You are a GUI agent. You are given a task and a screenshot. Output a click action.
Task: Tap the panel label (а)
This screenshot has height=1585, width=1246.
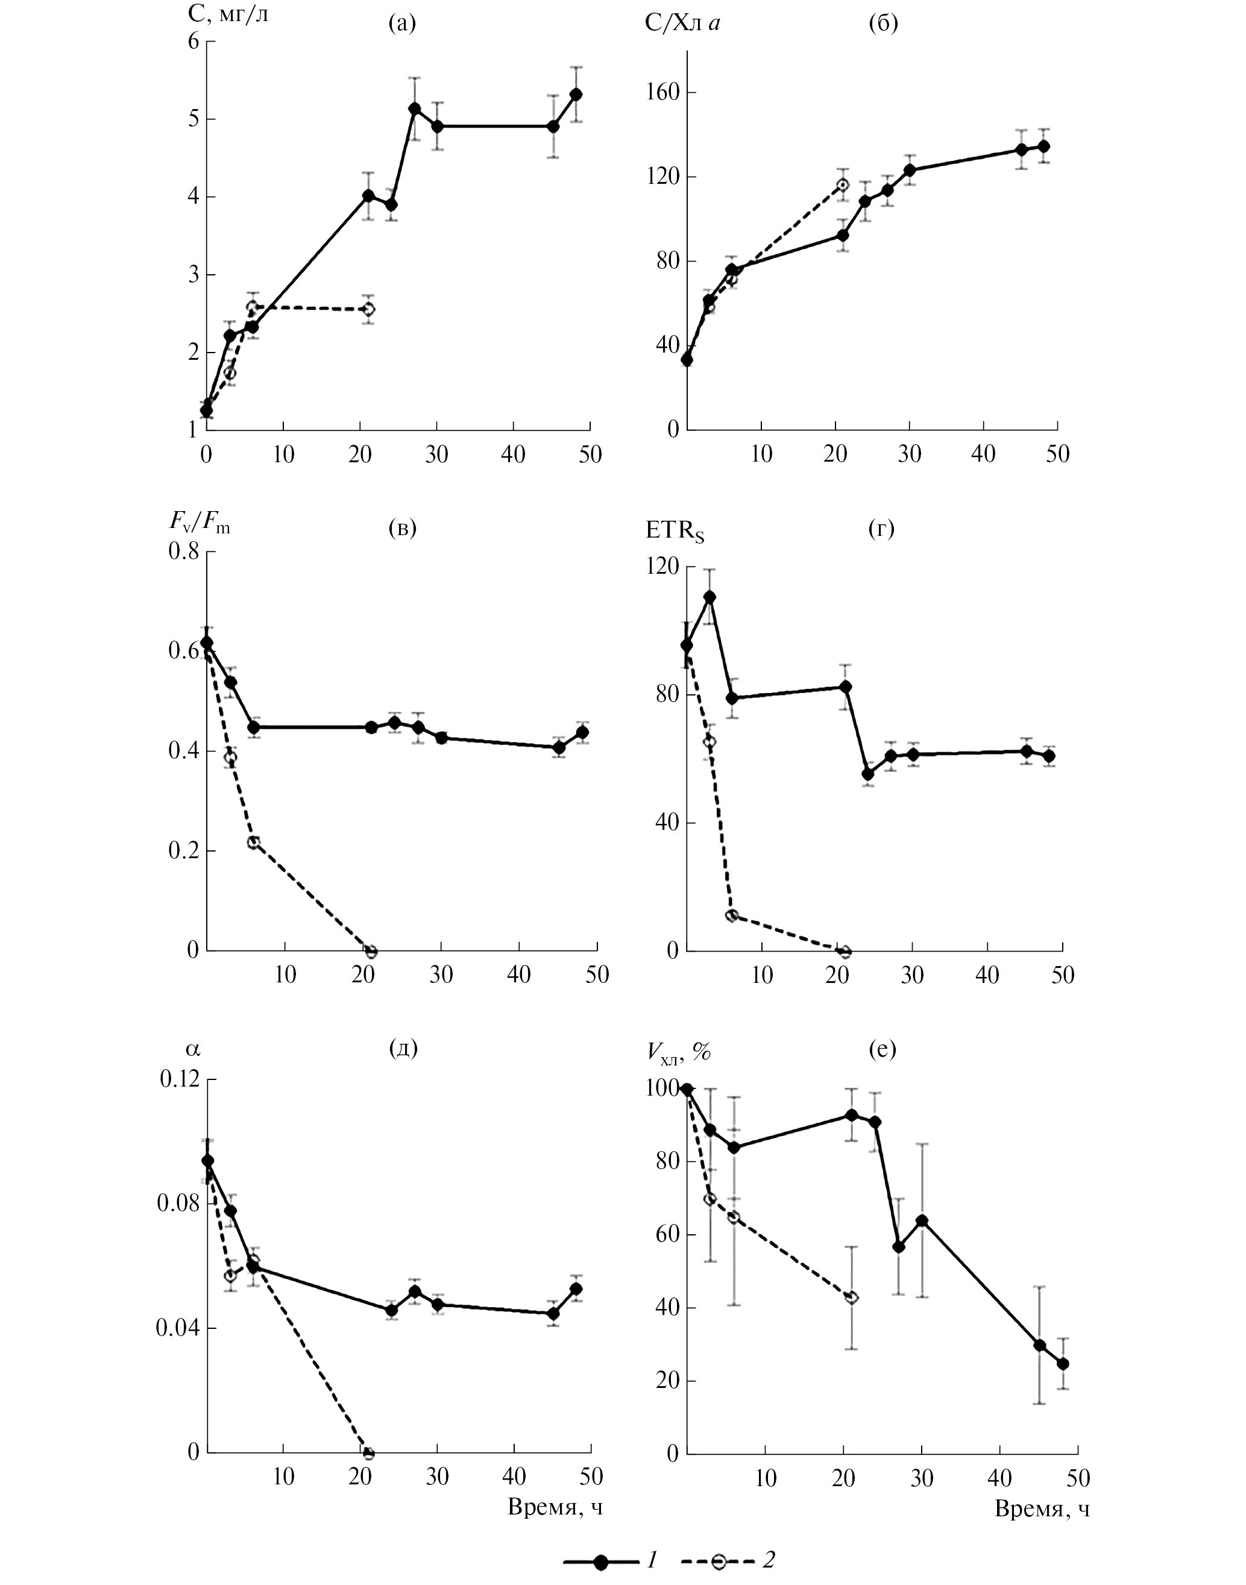click(402, 24)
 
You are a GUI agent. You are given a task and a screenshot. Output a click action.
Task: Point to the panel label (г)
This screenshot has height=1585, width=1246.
click(881, 527)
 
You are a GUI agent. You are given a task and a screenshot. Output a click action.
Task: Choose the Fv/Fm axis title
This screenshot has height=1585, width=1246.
click(199, 523)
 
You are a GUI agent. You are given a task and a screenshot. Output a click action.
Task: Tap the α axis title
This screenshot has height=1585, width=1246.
click(192, 1049)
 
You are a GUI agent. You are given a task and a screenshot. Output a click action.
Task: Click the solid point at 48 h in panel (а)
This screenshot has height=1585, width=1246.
click(576, 94)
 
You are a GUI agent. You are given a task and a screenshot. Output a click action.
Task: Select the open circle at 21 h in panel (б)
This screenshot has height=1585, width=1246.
click(843, 184)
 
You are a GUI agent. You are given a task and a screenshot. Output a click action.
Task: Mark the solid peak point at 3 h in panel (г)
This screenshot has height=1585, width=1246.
click(708, 597)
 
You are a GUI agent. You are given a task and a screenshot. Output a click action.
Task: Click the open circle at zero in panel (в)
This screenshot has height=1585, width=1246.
click(371, 951)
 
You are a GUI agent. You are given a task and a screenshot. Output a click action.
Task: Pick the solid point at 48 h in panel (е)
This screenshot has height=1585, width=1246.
click(1063, 1364)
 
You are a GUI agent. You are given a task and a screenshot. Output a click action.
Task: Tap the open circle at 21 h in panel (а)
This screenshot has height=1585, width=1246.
click(368, 309)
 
